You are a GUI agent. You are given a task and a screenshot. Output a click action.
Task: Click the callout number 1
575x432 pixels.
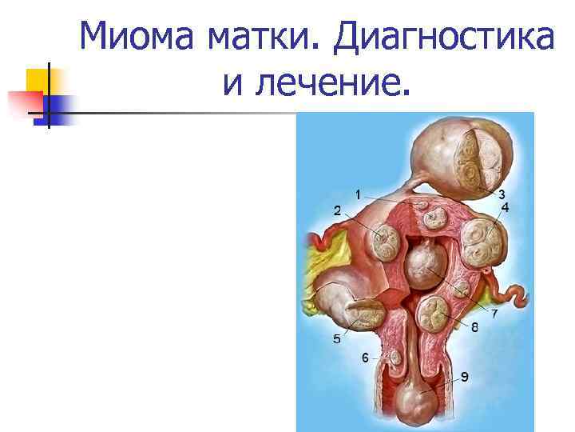click(358, 194)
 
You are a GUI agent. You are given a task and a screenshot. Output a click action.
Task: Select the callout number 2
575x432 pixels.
click(337, 211)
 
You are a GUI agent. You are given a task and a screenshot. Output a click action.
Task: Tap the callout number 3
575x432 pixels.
click(502, 194)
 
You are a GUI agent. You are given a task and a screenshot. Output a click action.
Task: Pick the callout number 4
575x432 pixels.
click(505, 208)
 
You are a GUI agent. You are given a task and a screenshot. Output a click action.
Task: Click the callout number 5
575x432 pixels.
click(337, 339)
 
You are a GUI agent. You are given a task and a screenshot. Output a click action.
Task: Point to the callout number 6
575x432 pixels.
click(365, 358)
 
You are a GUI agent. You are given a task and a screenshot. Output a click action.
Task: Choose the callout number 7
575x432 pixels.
click(495, 313)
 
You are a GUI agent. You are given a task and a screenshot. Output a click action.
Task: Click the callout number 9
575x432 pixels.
click(464, 376)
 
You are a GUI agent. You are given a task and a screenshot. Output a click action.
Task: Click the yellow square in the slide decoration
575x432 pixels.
click(38, 80)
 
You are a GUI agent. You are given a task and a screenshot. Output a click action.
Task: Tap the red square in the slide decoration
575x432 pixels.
click(24, 102)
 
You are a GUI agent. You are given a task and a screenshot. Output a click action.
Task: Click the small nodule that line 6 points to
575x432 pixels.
click(393, 357)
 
